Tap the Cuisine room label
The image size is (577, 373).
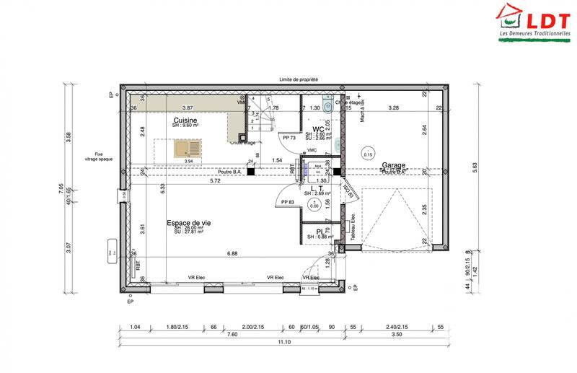coord(186,120)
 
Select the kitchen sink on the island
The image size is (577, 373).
coord(187,150)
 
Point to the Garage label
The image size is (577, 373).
coord(395,164)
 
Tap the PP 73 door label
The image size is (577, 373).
coord(291,136)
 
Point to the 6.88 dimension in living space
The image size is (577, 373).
coord(232,254)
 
